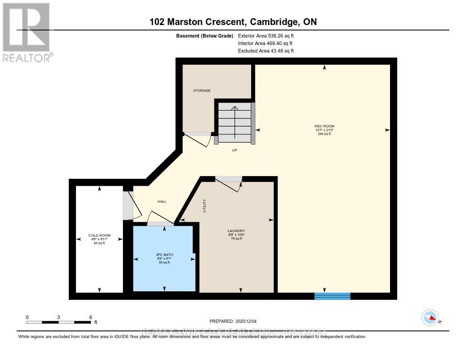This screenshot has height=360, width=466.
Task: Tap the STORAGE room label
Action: tap(202, 91)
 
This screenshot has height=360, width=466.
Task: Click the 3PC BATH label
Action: tap(164, 254)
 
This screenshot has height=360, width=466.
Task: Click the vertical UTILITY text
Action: tap(205, 206)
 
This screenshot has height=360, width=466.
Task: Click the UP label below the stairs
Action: tap(235, 150)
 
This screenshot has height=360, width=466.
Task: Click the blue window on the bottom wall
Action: tap(332, 296)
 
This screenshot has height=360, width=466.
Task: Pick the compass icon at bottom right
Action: tap(430, 317)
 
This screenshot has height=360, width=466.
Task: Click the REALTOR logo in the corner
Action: tap(26, 32)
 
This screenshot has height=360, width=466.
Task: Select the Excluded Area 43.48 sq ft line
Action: tap(266, 51)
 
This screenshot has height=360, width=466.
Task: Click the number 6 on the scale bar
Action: tap(91, 317)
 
